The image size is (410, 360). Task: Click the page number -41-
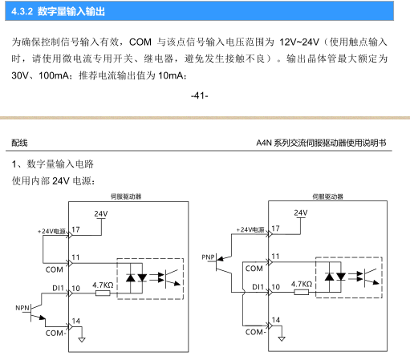(200, 95)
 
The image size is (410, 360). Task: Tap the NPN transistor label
(22, 308)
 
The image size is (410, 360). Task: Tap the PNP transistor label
(209, 257)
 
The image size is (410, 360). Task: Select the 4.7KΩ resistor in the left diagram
(103, 293)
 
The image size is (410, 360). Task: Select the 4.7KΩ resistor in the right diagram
(302, 292)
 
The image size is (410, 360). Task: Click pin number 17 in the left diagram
(75, 229)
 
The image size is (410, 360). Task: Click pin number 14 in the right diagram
(276, 320)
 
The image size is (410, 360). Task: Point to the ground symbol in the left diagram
(82, 340)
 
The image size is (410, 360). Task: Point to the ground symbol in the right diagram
(282, 338)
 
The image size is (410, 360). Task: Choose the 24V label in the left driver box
(101, 214)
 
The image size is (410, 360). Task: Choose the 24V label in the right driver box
(301, 212)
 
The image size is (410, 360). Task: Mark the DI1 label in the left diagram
(58, 288)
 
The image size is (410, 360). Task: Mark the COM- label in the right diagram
(255, 332)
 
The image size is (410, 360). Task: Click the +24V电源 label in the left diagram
(51, 231)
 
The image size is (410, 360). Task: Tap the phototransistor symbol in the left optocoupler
(173, 278)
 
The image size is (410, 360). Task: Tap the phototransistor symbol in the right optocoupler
(371, 277)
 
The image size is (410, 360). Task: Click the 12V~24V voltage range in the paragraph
(299, 42)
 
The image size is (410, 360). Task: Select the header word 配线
(19, 143)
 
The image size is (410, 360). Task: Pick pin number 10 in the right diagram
(276, 287)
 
